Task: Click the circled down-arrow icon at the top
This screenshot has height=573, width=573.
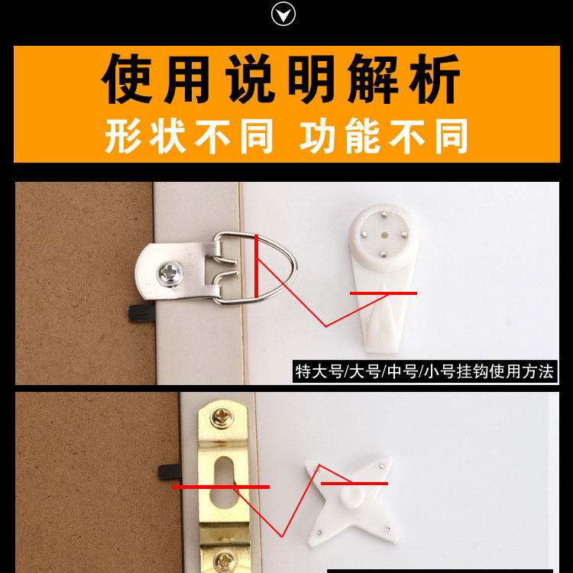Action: point(283,14)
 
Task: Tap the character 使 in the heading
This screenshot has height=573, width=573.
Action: point(126,78)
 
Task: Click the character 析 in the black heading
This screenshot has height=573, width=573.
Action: point(434,78)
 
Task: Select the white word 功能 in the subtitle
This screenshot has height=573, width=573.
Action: point(340,135)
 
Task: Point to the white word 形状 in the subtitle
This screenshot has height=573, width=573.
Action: point(145,135)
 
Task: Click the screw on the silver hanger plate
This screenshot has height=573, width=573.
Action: point(170,274)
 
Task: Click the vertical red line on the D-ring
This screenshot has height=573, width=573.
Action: point(257,267)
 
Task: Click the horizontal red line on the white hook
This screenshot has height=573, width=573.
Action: point(384,293)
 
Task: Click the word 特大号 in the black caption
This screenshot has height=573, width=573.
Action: point(319,372)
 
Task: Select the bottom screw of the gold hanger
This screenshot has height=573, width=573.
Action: point(225,562)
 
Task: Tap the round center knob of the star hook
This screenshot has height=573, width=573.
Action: point(352,496)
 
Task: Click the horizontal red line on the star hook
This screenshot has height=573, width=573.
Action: point(354,484)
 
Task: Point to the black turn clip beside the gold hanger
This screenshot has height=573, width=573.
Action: point(170,472)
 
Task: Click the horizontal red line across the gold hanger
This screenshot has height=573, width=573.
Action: point(221,487)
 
